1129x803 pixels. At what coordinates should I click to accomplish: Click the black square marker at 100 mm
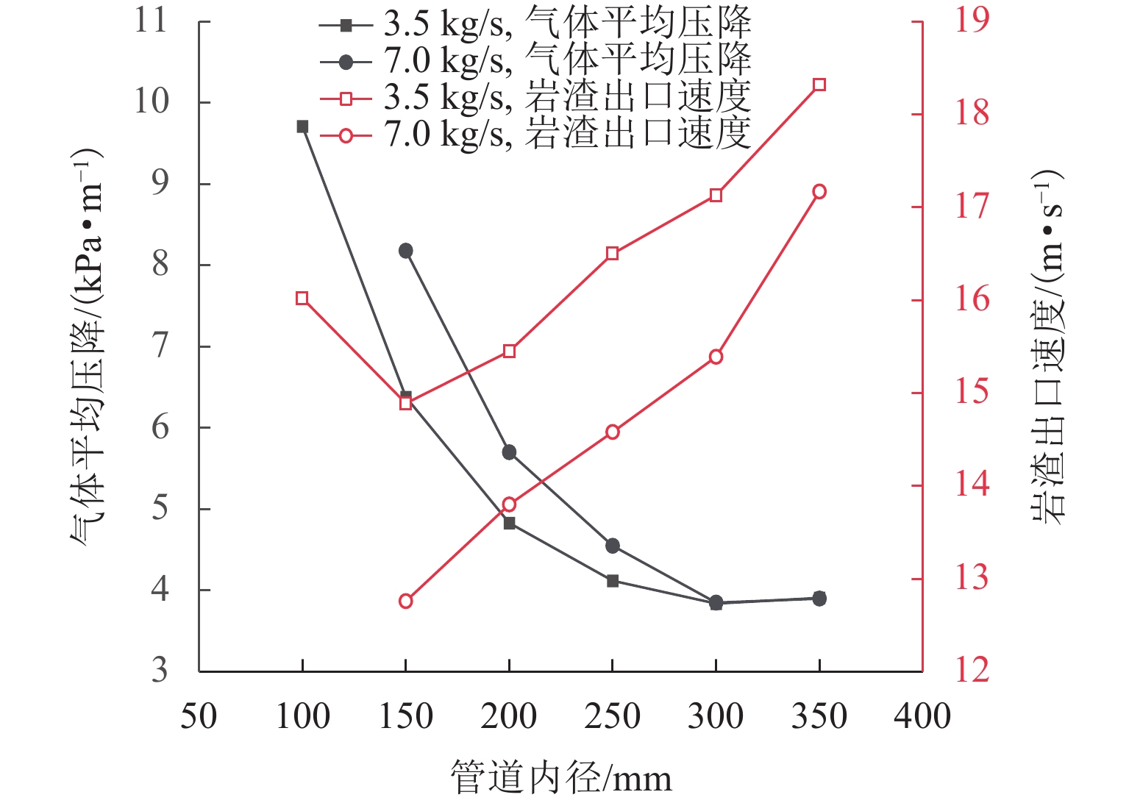(302, 126)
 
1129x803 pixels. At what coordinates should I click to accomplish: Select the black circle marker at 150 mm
(406, 251)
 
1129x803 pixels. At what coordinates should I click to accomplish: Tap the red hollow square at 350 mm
(819, 85)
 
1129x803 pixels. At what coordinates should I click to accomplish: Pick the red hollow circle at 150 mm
(406, 601)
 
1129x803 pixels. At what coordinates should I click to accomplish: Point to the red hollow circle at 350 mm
(819, 192)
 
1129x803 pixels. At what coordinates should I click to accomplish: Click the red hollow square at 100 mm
(302, 298)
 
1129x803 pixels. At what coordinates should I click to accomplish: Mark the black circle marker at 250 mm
(613, 546)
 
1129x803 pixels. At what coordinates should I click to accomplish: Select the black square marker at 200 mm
(510, 524)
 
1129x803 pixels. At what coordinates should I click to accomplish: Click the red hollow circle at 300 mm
(716, 357)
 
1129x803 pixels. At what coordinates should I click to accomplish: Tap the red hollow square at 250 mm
(613, 254)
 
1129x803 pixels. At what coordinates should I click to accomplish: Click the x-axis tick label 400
(922, 715)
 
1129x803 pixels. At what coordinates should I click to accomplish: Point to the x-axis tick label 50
(199, 715)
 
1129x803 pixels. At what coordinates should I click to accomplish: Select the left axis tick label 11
(151, 21)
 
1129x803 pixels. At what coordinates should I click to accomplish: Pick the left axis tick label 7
(160, 346)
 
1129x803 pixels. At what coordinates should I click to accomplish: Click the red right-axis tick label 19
(972, 21)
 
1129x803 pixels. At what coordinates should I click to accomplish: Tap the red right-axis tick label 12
(972, 671)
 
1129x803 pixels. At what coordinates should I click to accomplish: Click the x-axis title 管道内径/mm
(561, 778)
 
